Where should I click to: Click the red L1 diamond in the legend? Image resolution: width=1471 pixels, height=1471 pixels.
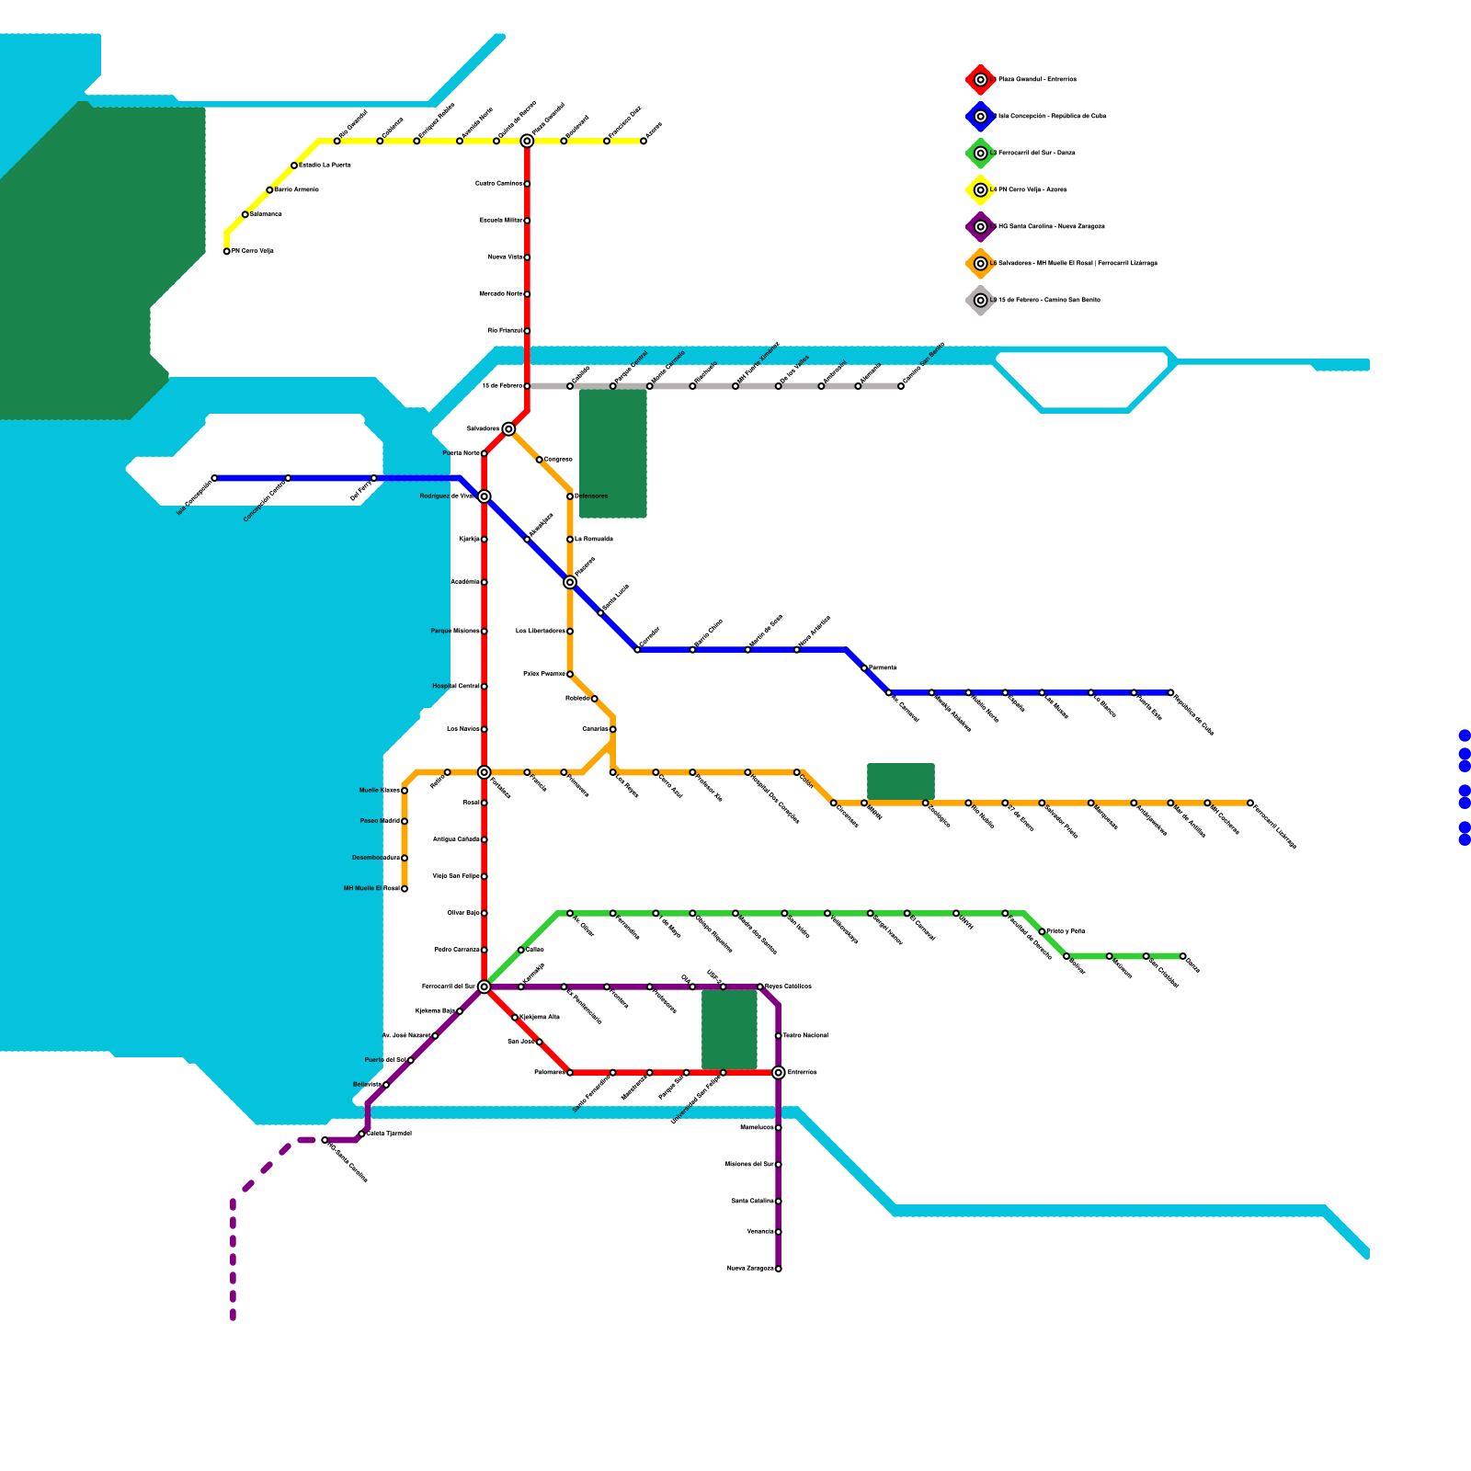(981, 80)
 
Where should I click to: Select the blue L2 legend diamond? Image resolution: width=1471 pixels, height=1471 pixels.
(981, 117)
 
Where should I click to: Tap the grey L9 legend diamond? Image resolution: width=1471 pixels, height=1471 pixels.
(981, 301)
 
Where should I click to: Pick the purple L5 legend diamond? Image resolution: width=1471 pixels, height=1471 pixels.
(981, 227)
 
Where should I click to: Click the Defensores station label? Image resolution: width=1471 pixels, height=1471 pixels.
(591, 496)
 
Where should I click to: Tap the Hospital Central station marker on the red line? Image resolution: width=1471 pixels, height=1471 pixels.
(485, 687)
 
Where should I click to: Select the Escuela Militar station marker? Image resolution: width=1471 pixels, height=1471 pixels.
(527, 221)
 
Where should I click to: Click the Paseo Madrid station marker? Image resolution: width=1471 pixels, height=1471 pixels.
(405, 821)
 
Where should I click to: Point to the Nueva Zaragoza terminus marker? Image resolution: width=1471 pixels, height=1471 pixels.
(779, 1269)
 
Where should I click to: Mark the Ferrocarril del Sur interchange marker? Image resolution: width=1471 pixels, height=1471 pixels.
(485, 986)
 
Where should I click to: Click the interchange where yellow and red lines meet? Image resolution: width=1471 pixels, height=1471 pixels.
(527, 141)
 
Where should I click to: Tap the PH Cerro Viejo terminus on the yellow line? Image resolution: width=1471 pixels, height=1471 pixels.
(227, 251)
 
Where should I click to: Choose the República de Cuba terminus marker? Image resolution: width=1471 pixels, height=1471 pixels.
(1170, 692)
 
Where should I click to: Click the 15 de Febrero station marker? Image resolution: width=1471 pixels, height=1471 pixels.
(527, 386)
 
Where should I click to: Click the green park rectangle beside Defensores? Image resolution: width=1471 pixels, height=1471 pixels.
(613, 453)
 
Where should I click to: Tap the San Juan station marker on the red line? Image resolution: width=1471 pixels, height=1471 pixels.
(540, 1042)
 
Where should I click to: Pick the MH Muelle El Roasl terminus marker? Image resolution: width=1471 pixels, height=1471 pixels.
(405, 889)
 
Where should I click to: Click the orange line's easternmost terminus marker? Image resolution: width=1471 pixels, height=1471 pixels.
(1250, 803)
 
